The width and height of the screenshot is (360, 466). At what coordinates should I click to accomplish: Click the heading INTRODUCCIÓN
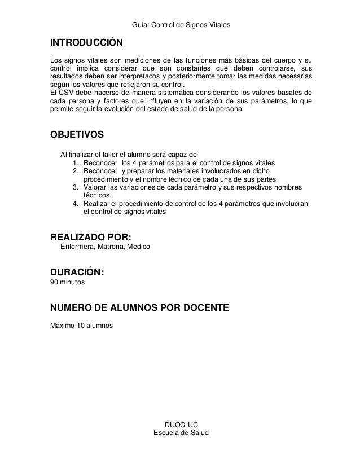pos(86,43)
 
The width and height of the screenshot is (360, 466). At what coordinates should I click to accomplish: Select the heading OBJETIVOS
pos(77,135)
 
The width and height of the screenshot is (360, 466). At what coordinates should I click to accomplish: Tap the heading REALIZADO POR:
pos(94,236)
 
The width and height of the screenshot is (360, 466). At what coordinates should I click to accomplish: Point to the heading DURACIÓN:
pos(77,272)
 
